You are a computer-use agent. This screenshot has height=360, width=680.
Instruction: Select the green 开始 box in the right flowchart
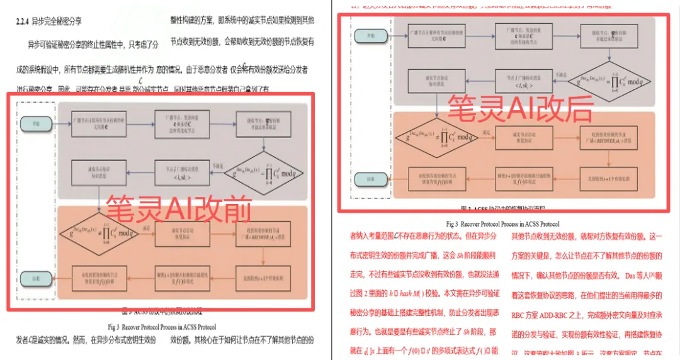[364, 35]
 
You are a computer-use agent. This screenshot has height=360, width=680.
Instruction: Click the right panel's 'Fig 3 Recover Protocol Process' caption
[502, 223]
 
